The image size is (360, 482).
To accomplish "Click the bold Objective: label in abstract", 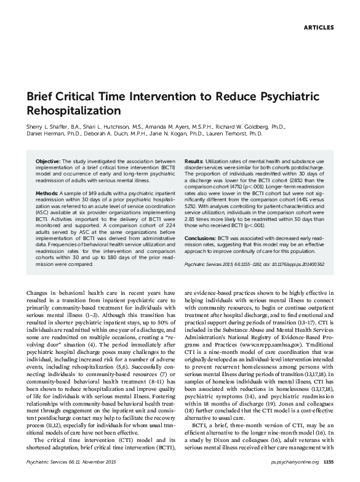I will [47, 160].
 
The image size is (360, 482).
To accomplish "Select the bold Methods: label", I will [46, 192].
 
